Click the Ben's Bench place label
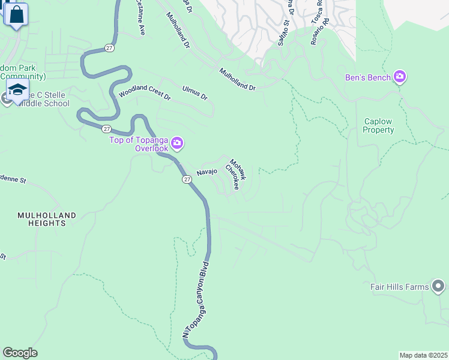point(367,77)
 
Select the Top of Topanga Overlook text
point(139,144)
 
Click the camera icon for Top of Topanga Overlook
point(177,143)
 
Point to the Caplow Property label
point(379,125)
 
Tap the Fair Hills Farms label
point(400,287)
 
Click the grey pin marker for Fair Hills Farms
point(439,286)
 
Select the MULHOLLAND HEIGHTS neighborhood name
point(47,219)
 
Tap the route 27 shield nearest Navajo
point(187,179)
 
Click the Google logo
point(20,353)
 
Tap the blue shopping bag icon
point(17,15)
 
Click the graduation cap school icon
point(18,91)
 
